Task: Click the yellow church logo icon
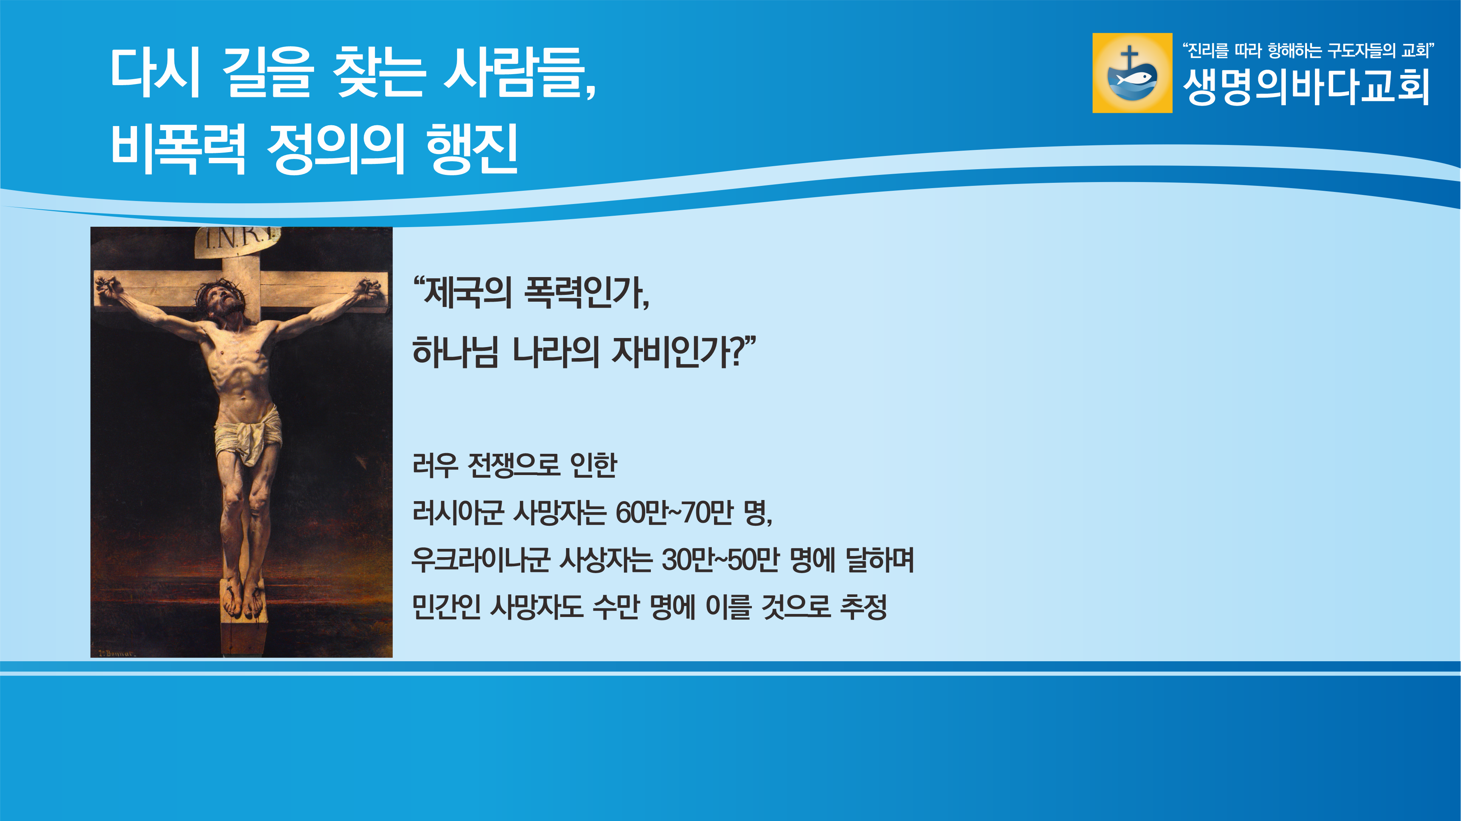tap(1132, 73)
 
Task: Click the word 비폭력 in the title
tap(179, 149)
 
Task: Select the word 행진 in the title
tap(472, 149)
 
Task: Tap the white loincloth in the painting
tap(248, 434)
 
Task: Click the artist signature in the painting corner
tap(116, 653)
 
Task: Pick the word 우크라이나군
tap(481, 560)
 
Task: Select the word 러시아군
tap(458, 513)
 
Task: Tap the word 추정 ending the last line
tap(863, 607)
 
